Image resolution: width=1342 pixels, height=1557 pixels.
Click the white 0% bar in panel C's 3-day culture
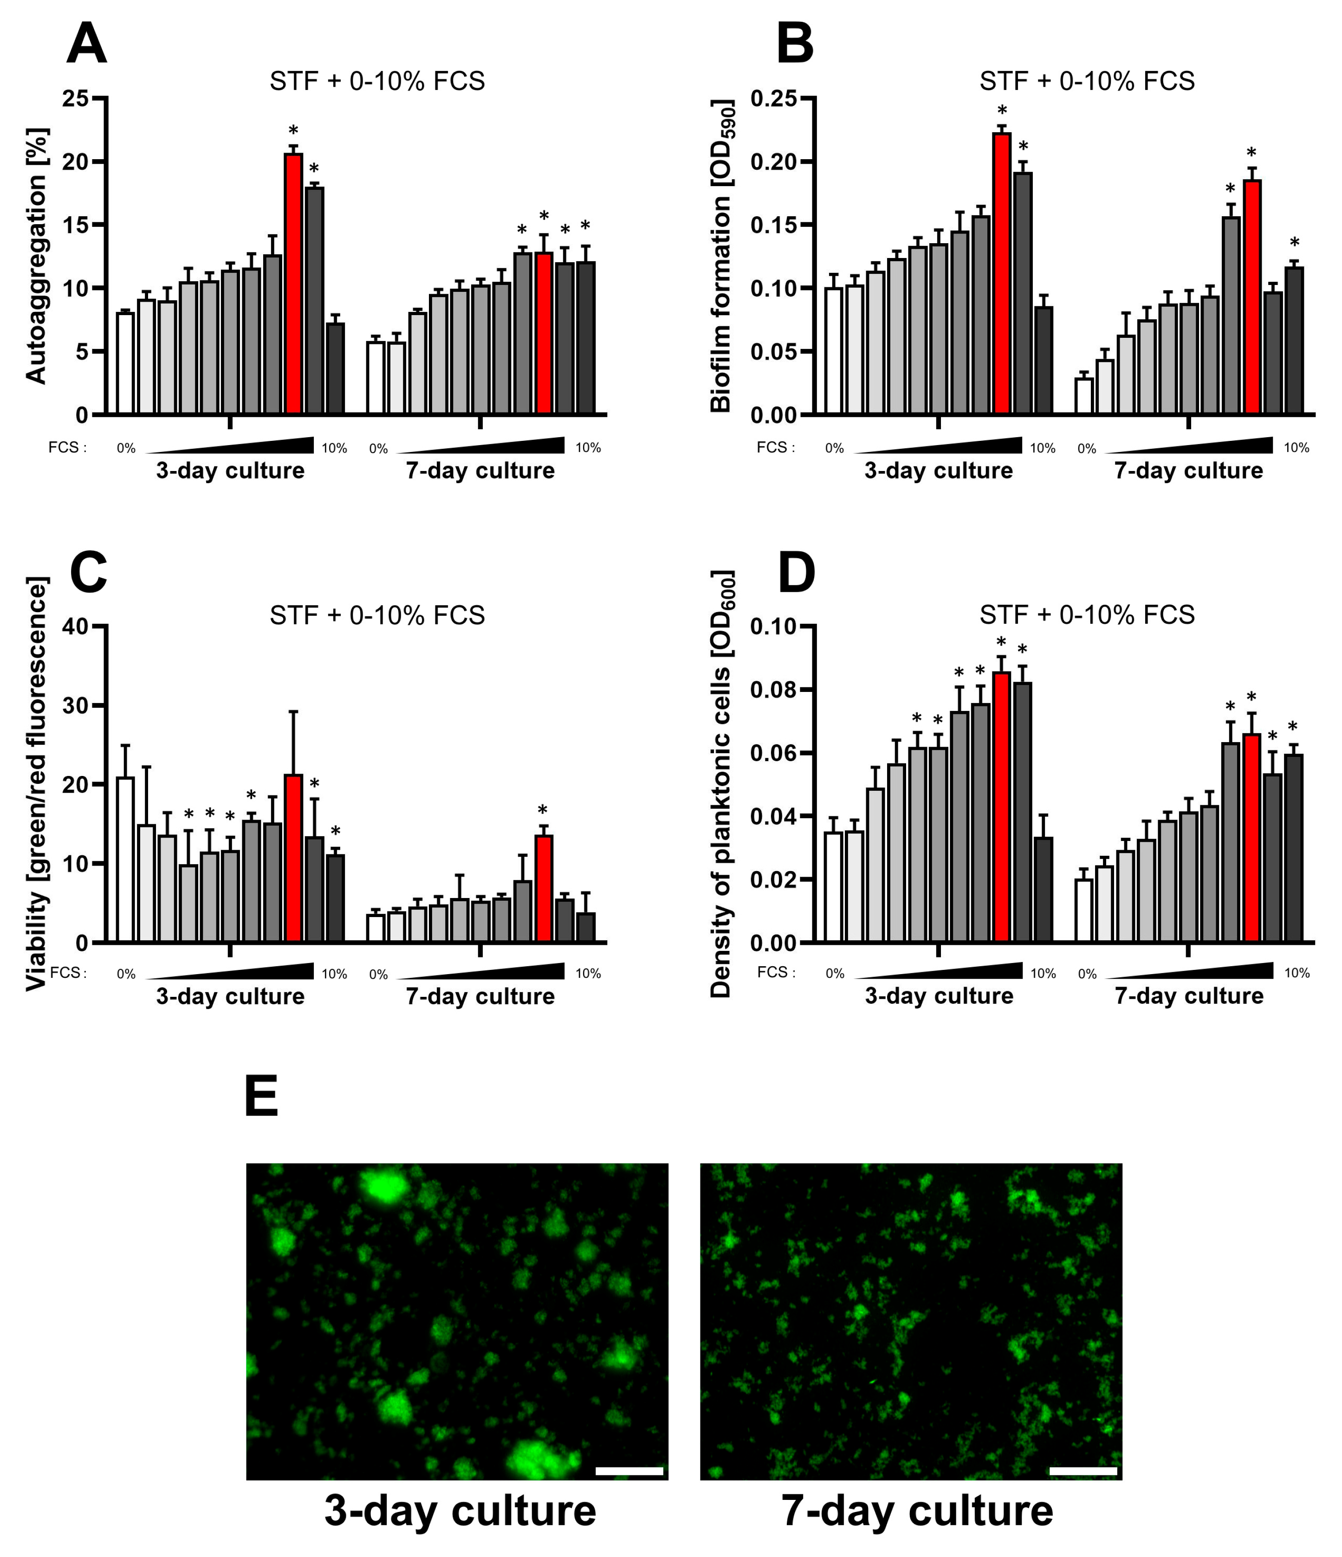(125, 859)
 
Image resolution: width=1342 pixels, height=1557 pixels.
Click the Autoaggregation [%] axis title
(36, 256)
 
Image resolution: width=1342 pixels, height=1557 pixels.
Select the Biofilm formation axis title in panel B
(722, 256)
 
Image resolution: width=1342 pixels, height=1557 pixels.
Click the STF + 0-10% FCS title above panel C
(377, 615)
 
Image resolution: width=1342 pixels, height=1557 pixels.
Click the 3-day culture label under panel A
(230, 471)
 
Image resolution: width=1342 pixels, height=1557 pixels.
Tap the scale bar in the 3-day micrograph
(629, 1471)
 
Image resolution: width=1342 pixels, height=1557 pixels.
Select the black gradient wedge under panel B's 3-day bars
(938, 445)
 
